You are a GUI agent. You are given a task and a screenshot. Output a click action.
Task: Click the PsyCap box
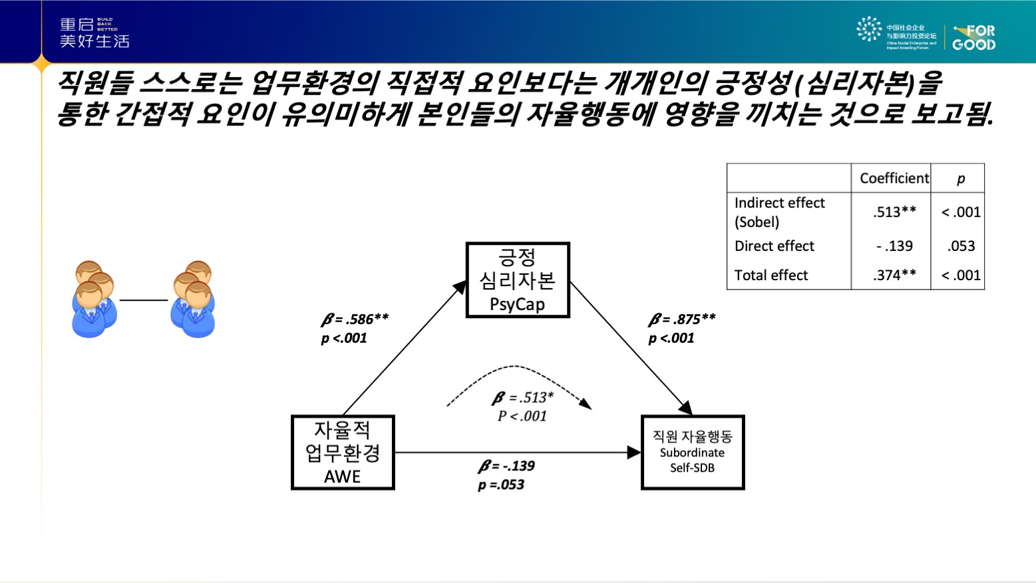coord(518,280)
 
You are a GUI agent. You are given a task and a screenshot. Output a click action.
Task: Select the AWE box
coord(343,453)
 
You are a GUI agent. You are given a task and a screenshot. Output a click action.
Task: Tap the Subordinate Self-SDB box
coord(693,453)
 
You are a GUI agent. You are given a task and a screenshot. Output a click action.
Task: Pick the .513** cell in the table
coord(894,212)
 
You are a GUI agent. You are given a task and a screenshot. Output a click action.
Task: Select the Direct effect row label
coord(774,246)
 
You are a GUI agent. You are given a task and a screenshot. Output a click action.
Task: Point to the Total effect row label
coord(771,276)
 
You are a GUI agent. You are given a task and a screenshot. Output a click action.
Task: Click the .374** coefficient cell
coord(894,276)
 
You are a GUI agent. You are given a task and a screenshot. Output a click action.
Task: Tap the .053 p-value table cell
coord(961,246)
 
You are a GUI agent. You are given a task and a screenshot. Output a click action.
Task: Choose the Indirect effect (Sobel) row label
coord(779,212)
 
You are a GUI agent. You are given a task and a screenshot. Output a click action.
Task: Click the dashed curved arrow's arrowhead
coord(586,403)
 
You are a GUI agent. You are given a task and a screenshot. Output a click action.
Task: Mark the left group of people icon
coord(93,299)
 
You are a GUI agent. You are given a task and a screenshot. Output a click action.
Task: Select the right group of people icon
coord(193,299)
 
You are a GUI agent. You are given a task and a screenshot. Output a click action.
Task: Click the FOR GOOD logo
coord(973,38)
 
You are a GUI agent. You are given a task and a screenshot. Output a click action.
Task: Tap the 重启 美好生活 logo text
coord(94,33)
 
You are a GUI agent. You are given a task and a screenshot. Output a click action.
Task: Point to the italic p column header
coord(960,178)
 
